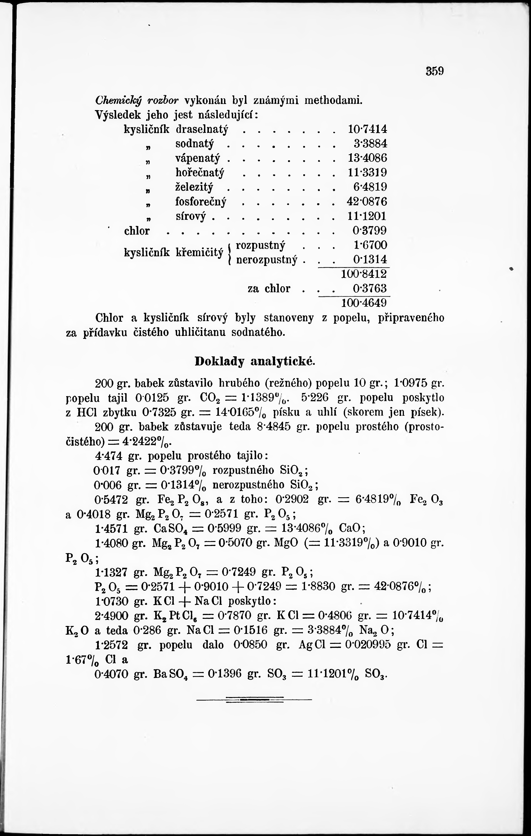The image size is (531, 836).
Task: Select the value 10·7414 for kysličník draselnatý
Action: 367,129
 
